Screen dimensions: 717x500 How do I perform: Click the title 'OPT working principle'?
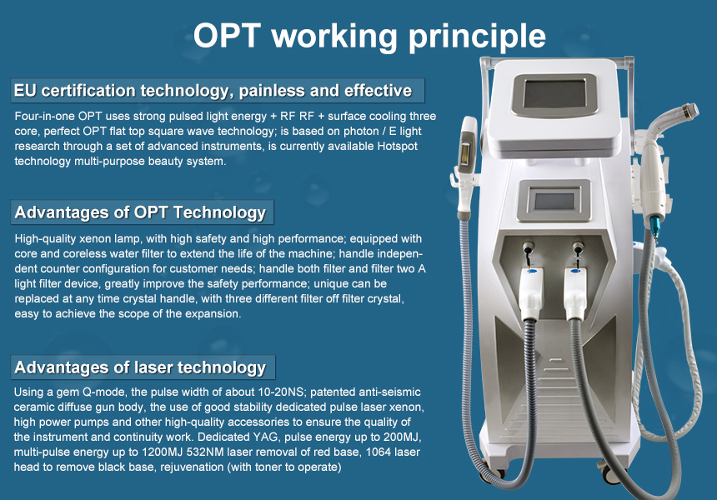[x=369, y=37]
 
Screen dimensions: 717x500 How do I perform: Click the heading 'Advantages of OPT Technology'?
[x=140, y=212]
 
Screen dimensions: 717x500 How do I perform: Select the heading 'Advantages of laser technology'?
[x=140, y=367]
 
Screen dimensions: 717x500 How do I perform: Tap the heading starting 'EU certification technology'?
[x=213, y=91]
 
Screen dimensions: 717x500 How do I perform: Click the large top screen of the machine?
[x=554, y=93]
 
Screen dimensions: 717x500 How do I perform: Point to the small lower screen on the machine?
[x=554, y=201]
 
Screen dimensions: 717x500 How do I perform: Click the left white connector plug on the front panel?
[x=531, y=292]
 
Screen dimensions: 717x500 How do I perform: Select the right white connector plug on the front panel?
[x=575, y=292]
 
